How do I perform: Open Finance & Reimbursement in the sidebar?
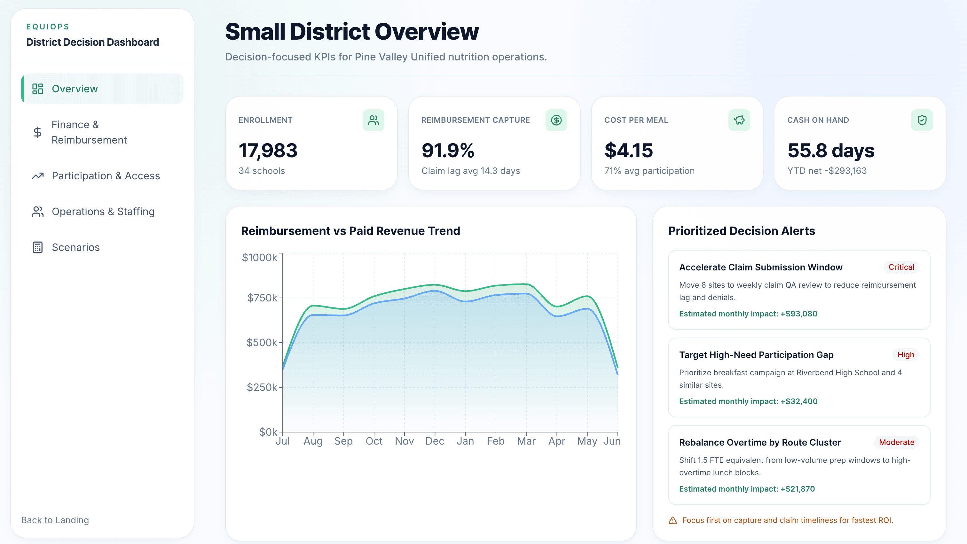tap(89, 132)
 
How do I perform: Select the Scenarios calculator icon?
tap(37, 247)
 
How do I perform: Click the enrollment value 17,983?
tap(268, 151)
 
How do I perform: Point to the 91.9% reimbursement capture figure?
tap(448, 151)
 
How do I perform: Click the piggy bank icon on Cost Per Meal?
tap(739, 120)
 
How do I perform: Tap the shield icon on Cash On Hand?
tap(922, 120)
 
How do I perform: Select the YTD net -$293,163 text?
tap(827, 171)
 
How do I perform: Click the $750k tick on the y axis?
tap(262, 298)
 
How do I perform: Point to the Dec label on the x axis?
tap(435, 441)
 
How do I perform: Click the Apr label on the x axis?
tap(556, 441)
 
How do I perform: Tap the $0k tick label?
tap(268, 432)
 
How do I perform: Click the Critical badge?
tap(901, 267)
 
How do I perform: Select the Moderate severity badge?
tap(896, 442)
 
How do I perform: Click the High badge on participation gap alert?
tap(905, 355)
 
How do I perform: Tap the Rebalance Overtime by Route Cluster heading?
tap(759, 442)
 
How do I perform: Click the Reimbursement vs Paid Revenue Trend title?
tap(350, 231)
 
